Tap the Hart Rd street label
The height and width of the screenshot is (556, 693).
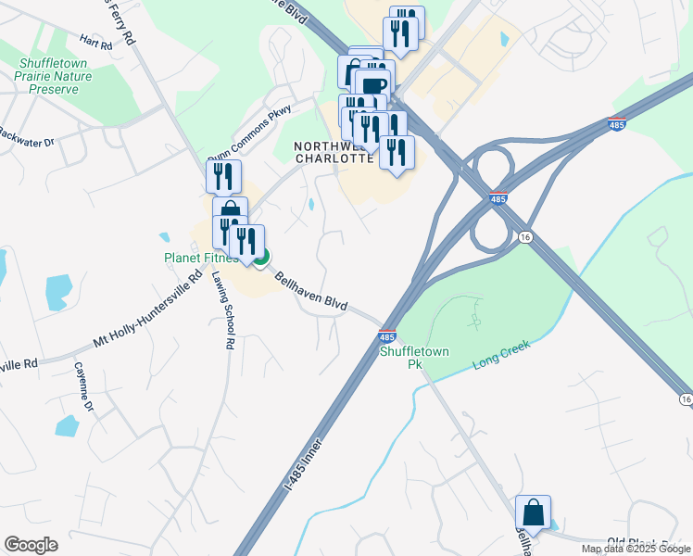click(95, 41)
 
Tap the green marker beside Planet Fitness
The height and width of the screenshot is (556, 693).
click(261, 257)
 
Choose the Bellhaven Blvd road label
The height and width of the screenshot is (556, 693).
click(311, 292)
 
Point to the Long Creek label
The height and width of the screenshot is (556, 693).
click(501, 351)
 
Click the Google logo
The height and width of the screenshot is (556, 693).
click(31, 545)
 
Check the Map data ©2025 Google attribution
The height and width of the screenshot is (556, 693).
click(636, 549)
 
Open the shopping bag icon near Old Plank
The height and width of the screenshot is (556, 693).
click(533, 512)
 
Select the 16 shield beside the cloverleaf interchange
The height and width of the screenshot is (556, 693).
click(524, 236)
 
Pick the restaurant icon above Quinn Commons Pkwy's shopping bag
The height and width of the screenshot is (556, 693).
click(223, 175)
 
